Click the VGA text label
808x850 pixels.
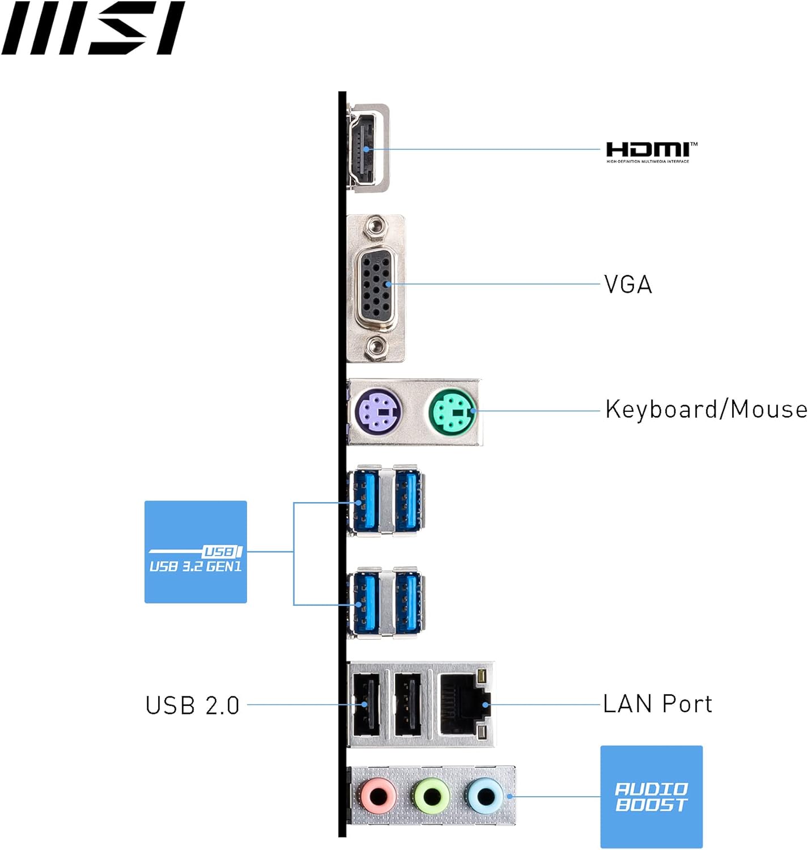tap(628, 284)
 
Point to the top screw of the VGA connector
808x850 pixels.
tap(375, 228)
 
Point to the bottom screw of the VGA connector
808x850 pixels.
tap(375, 346)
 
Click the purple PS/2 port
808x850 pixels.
tap(379, 411)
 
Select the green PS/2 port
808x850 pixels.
tap(452, 411)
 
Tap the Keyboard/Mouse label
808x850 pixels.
tap(705, 409)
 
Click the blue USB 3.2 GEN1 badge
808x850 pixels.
tap(195, 552)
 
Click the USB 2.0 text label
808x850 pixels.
tap(193, 705)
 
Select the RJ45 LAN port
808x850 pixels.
tap(463, 704)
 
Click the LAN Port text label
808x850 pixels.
tap(657, 704)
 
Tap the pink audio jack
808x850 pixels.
tap(378, 796)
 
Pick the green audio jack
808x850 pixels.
tap(431, 796)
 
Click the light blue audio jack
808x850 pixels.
tap(484, 796)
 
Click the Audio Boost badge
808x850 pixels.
tap(651, 796)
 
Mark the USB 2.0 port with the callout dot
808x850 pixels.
tap(364, 704)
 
